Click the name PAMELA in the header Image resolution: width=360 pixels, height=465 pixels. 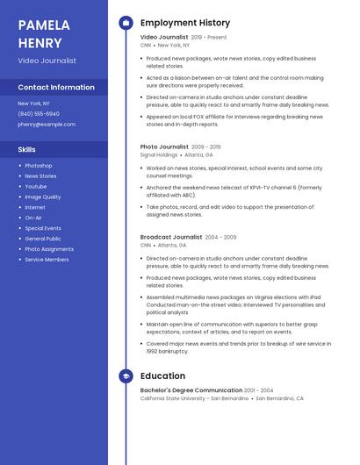pos(44,25)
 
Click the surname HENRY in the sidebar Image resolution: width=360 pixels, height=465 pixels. pos(40,43)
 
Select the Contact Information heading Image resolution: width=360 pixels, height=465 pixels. pos(56,87)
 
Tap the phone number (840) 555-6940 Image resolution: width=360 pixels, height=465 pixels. pos(39,114)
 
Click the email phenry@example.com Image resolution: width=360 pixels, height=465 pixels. pos(47,125)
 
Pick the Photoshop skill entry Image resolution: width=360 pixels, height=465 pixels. pos(38,166)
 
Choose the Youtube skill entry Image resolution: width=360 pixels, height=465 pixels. pos(36,187)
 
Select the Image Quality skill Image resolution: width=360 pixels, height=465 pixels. pos(43,197)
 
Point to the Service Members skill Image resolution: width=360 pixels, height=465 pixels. pos(47,260)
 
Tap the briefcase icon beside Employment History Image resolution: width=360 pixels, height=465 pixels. pos(126,23)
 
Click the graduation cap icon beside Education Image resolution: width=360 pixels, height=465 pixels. pos(126,376)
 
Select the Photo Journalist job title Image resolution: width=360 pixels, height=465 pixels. pos(164,147)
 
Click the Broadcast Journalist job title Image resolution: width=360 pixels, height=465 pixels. pos(171,237)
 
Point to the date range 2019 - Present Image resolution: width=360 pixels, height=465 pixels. pos(209,38)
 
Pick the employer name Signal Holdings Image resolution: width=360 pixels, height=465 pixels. pos(159,154)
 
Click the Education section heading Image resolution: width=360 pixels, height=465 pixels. pos(162,376)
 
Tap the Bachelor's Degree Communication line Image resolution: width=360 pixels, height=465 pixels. pos(191,390)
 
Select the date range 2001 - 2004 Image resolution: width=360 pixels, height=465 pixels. pos(259,390)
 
